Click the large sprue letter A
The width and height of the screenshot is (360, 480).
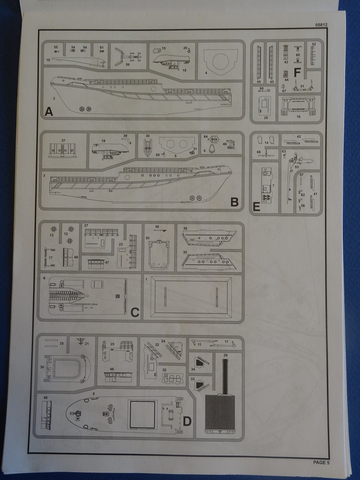point(48,112)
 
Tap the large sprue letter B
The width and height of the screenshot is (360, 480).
point(234,202)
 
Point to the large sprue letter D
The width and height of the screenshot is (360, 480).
point(187,421)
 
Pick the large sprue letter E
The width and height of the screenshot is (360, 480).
point(256,207)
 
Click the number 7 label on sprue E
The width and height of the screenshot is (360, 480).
point(273,185)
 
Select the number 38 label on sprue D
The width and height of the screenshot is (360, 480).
point(42,366)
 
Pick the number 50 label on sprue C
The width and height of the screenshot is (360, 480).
point(148,238)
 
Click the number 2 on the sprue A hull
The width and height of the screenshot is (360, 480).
point(54,98)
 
